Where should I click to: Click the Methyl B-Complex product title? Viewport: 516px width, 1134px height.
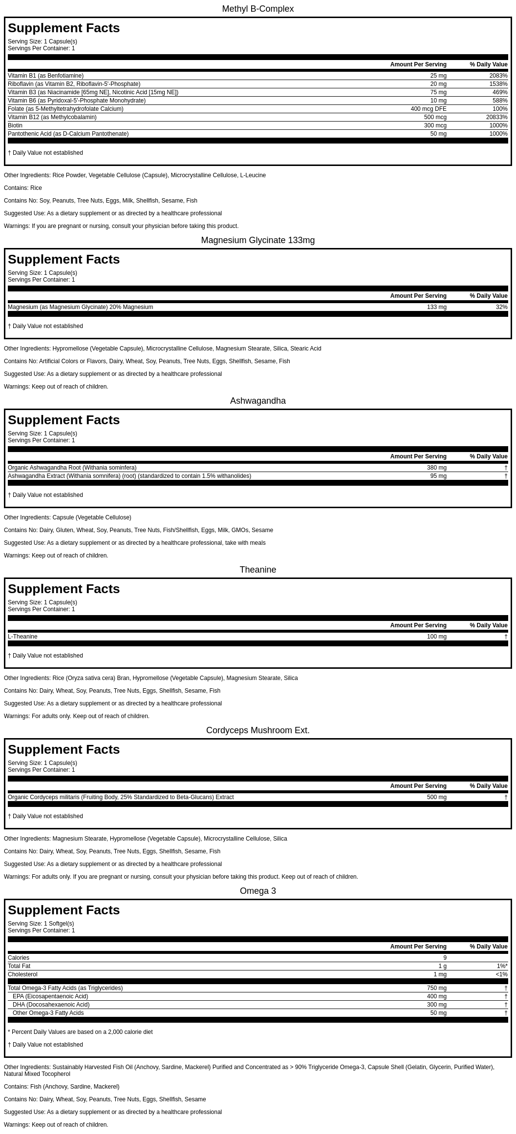point(258,9)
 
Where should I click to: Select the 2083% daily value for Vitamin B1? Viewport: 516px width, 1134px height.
point(498,76)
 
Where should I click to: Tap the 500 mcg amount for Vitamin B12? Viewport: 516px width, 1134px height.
point(435,117)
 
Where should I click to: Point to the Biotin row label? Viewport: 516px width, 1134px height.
point(15,125)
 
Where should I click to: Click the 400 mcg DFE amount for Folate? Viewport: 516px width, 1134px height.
point(428,109)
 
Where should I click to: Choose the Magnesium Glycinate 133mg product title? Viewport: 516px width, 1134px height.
point(258,240)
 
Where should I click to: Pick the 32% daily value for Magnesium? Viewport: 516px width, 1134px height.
point(501,307)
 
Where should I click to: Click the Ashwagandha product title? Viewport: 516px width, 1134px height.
point(258,401)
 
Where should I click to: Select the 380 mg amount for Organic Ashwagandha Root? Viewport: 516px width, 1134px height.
point(436,468)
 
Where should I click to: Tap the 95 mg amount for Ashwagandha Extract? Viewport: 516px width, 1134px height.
point(438,476)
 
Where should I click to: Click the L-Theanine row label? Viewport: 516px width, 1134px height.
point(22,637)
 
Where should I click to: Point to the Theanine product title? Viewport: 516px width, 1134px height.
point(258,570)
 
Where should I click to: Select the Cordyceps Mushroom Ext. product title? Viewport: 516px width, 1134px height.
point(258,730)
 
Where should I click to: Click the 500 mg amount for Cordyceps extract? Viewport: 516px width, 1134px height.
point(436,797)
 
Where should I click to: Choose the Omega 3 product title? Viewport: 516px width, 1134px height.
point(258,891)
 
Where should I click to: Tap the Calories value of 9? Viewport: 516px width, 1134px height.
point(445,958)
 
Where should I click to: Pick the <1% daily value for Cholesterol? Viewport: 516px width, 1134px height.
point(501,974)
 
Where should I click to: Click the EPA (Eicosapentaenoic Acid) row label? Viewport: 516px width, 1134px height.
point(50,996)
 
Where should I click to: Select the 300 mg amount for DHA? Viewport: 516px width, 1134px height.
point(436,1005)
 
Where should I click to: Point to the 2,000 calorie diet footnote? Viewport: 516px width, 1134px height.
point(80,1032)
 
